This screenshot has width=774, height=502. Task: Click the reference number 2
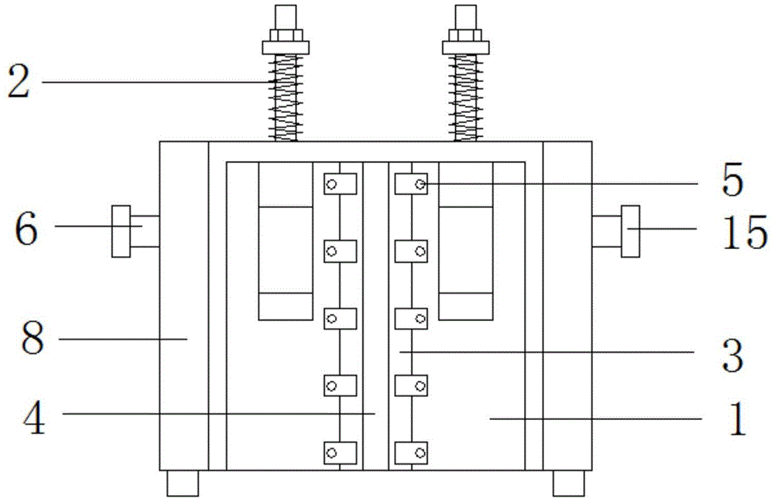tap(19, 82)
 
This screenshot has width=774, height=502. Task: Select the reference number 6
tap(26, 229)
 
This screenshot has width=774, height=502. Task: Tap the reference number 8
tap(33, 339)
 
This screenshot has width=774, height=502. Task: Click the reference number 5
tap(732, 180)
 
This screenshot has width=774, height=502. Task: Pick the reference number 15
tap(745, 232)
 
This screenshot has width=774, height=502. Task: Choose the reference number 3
tap(732, 356)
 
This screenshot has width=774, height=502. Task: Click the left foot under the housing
tap(183, 483)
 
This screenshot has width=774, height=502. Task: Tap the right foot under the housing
tap(569, 483)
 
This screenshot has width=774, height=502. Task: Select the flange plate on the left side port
tap(121, 231)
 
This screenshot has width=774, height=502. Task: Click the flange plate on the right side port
tap(630, 231)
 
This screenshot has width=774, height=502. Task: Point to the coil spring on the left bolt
tap(286, 97)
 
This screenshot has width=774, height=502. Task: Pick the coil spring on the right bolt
tap(466, 97)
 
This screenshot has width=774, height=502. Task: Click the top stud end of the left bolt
tap(286, 18)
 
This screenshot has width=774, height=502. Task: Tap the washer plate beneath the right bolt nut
tap(466, 47)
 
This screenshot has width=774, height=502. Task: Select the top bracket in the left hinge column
tap(340, 184)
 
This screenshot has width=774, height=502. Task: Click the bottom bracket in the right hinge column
tap(411, 453)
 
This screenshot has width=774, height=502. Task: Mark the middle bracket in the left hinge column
tap(340, 319)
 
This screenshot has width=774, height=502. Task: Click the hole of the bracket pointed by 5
tap(420, 184)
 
